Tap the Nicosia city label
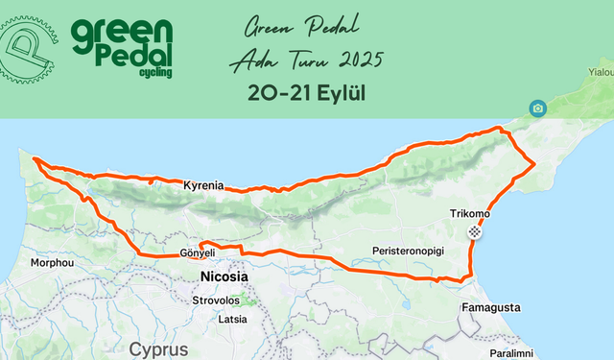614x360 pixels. [224, 276]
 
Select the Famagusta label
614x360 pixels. [491, 308]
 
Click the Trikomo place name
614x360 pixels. [469, 213]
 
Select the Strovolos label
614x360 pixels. [222, 300]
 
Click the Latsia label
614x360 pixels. [233, 319]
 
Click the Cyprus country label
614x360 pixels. [160, 348]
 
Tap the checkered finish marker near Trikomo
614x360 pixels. [475, 232]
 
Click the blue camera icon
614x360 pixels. [537, 108]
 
